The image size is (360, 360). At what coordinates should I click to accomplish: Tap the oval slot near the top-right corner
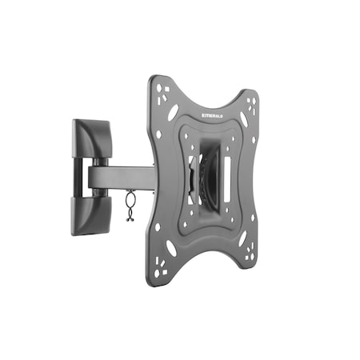click(x=242, y=118)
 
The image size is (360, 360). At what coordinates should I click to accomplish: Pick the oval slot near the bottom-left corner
click(x=172, y=248)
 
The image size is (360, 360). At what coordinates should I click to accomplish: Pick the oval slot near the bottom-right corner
click(x=242, y=238)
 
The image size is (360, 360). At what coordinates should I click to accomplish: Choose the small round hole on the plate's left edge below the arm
click(x=157, y=226)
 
